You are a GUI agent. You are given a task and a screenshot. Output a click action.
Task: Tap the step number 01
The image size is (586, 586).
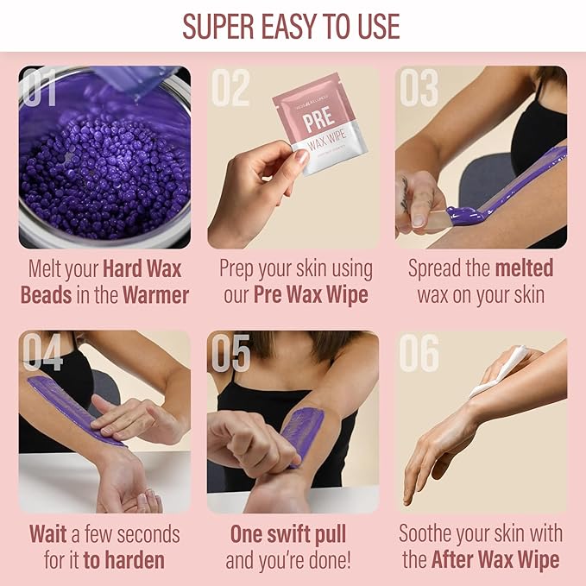pos(39,88)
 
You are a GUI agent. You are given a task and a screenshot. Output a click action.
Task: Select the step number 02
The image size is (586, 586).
pos(230,88)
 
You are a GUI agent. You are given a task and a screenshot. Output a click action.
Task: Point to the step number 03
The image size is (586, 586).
pos(418,88)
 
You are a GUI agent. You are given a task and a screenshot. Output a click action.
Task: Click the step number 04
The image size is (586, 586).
pos(41,352)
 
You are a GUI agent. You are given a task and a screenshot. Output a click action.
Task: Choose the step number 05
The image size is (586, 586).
pos(230,352)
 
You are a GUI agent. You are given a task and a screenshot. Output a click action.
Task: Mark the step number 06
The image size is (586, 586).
pos(418,352)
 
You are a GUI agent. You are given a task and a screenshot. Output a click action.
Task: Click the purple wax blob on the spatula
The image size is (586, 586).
pos(467,214)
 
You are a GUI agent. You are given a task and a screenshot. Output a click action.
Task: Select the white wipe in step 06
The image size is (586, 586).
pos(501,369)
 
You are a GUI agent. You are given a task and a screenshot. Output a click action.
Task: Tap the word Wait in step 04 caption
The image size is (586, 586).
pos(48,533)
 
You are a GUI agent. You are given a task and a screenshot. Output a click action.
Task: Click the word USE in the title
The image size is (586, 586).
pos(376,26)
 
